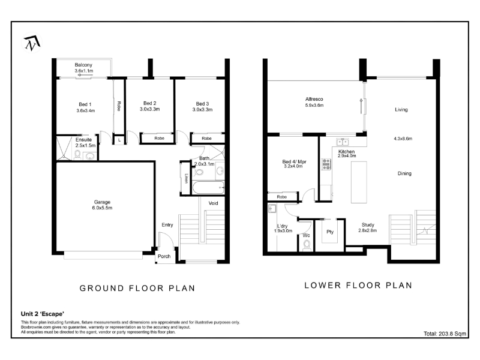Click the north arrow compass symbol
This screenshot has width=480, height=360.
[32, 43]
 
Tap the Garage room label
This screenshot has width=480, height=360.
[102, 202]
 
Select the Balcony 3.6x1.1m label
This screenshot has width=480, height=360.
[83, 68]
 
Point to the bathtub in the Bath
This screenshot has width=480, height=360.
[208, 187]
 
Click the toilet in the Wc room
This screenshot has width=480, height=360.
[307, 245]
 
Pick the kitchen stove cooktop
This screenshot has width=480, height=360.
[326, 164]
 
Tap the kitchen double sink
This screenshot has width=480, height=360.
[343, 142]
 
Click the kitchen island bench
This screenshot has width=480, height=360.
[359, 182]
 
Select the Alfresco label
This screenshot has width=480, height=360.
[314, 99]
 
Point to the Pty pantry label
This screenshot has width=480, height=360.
[330, 232]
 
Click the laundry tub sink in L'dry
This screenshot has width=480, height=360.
[272, 209]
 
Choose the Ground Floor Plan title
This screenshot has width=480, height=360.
[137, 289]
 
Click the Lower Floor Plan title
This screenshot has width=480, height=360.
[358, 286]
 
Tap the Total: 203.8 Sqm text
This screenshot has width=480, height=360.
[445, 334]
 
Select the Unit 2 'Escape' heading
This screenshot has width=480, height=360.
[43, 314]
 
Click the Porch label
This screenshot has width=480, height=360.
[164, 257]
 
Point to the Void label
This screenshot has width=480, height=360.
[214, 203]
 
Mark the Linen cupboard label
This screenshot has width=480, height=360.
[186, 178]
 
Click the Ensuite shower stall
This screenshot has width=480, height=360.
[64, 148]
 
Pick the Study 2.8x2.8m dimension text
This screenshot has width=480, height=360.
[368, 230]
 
